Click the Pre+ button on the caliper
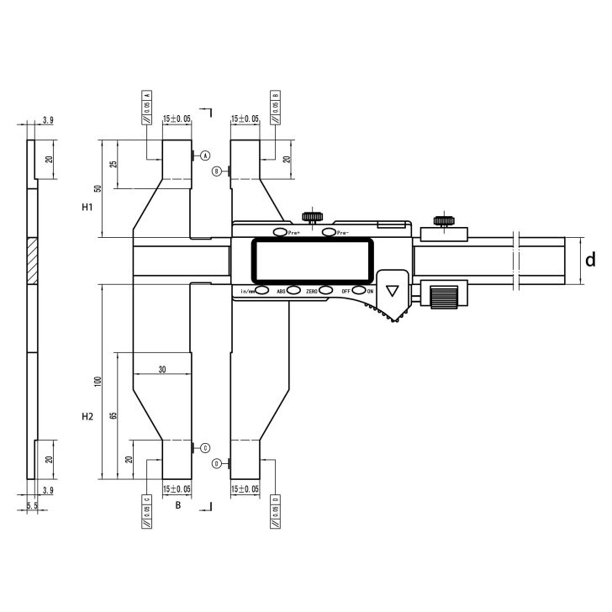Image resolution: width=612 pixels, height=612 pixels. point(279,232)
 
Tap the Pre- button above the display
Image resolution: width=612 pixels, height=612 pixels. point(327,232)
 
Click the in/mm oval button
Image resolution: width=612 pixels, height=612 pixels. point(262,290)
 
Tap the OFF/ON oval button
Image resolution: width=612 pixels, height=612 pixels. point(359,290)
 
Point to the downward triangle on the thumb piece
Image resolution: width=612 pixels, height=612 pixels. point(392,291)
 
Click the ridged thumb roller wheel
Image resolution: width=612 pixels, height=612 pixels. point(443,297)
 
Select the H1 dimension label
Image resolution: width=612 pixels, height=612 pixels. point(87,207)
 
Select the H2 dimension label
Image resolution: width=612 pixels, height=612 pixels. point(87,416)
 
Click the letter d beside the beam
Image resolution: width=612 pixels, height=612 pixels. point(590,261)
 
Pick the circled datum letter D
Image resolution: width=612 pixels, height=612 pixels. point(217,463)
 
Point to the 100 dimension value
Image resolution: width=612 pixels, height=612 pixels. point(98,382)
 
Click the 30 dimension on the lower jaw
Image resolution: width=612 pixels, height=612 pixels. point(161,369)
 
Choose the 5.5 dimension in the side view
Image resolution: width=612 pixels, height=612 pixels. point(32,505)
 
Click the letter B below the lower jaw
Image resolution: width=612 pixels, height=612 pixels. point(177,505)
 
